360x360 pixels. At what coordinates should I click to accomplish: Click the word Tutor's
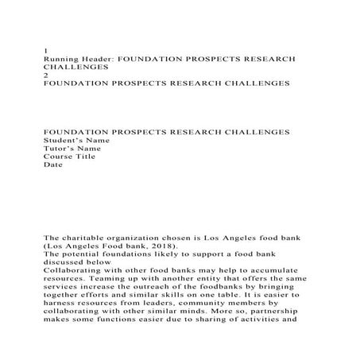[x=57, y=149]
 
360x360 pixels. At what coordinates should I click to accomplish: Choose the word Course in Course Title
[x=58, y=157]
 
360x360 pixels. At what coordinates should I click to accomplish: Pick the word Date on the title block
[x=52, y=165]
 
